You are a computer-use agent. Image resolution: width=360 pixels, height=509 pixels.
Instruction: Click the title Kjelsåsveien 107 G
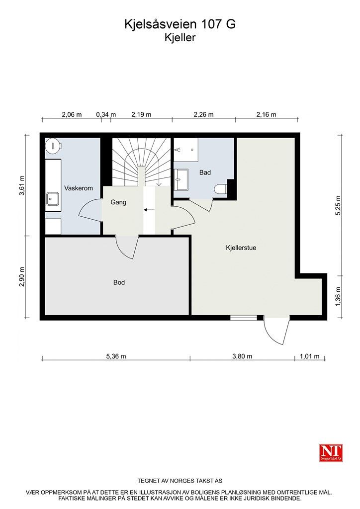[180, 24]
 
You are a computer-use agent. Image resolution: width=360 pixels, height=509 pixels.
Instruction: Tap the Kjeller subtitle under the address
[180, 38]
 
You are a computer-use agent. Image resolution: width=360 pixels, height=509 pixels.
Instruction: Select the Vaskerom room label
[79, 188]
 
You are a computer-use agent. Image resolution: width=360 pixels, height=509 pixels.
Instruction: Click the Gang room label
[118, 202]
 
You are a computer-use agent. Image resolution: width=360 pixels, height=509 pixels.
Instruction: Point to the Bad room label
[205, 172]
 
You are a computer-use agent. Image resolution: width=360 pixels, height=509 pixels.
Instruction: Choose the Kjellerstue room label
[241, 248]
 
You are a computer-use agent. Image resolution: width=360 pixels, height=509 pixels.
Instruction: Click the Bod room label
[119, 282]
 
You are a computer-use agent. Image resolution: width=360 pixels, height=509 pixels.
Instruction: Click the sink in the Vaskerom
[53, 199]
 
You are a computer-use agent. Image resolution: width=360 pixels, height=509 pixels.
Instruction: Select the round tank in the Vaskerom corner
[53, 146]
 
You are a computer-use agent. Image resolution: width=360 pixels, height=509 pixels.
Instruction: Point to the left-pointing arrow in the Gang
[150, 210]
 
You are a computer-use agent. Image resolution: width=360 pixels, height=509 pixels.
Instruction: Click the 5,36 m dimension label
[116, 356]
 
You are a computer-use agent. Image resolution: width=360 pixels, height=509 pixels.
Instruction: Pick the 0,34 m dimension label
[106, 115]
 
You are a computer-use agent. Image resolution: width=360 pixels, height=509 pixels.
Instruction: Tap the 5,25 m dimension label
[338, 206]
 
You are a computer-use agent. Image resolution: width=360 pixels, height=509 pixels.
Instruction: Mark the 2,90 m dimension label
[22, 277]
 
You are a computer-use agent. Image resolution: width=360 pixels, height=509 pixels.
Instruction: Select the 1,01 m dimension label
[309, 356]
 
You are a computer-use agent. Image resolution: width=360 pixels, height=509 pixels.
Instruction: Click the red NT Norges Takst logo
[331, 453]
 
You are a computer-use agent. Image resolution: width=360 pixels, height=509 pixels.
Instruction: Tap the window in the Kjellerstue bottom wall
[244, 318]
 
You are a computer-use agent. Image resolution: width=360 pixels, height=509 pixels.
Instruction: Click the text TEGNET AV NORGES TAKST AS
[180, 481]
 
